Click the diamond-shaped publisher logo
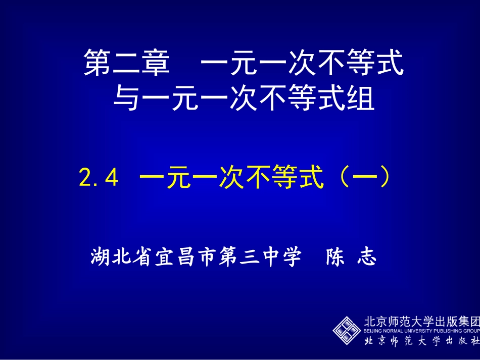[347, 331]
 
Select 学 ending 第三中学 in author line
[292, 258]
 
